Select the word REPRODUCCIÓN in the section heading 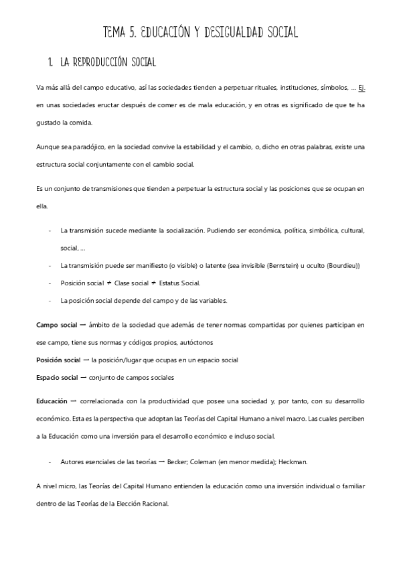(108, 63)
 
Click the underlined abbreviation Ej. (361, 86)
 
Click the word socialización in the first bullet (177, 230)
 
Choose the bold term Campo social (58, 324)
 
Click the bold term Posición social (58, 360)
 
